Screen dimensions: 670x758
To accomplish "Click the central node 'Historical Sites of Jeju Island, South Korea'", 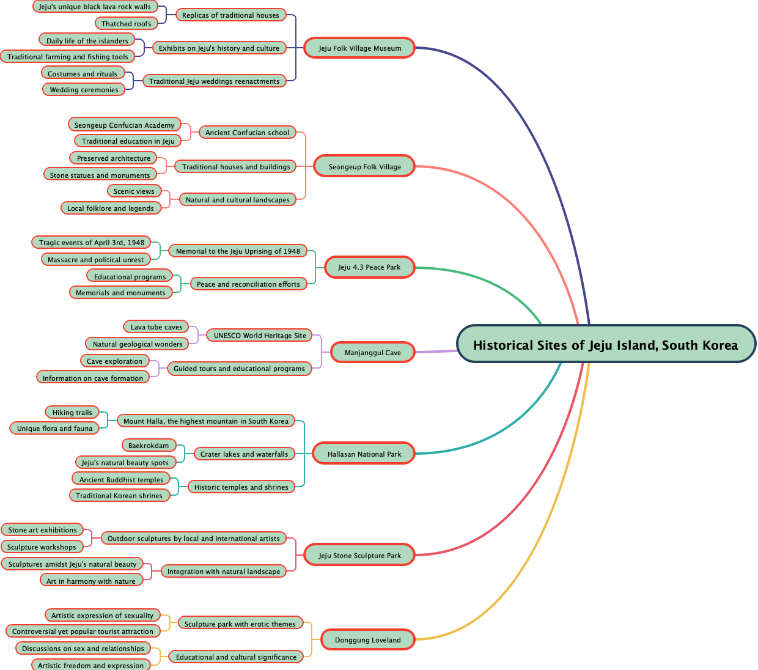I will click(x=606, y=345).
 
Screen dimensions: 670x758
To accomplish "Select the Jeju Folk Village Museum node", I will click(x=360, y=48).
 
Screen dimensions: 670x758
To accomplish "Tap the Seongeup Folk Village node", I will click(x=365, y=166).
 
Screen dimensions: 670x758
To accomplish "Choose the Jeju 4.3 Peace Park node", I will click(x=369, y=267).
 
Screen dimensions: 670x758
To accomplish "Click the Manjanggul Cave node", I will click(x=373, y=352).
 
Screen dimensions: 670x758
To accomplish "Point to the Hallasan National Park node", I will click(x=364, y=454).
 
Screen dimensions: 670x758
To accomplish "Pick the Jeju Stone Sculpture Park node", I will click(x=360, y=555).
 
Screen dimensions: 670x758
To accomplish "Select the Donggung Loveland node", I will click(x=368, y=639).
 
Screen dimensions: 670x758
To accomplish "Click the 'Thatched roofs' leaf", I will click(x=127, y=24).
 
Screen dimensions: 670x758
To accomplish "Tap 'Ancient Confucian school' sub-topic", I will click(x=248, y=132).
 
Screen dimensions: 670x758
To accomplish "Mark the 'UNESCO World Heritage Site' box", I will click(x=260, y=335).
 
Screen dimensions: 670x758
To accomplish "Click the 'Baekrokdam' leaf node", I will click(x=149, y=445).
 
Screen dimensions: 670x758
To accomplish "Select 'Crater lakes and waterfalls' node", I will click(x=245, y=454).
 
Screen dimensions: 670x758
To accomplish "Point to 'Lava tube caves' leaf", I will click(x=156, y=326).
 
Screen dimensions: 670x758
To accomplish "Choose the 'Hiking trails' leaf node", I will click(x=72, y=412).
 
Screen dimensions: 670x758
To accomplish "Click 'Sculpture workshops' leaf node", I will click(x=42, y=547).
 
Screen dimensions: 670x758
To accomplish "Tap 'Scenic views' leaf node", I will click(x=134, y=191).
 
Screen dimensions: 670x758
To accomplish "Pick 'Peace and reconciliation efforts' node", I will click(x=248, y=284).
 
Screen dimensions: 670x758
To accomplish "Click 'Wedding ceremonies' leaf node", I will click(x=84, y=89).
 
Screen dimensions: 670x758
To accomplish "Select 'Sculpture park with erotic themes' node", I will click(x=240, y=624).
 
